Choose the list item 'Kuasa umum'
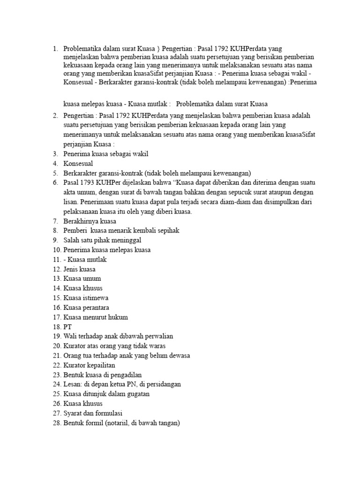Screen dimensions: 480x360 [82, 279]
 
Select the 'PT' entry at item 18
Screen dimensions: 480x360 [68, 327]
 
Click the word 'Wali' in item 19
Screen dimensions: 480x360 [70, 337]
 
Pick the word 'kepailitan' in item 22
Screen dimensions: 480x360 [100, 365]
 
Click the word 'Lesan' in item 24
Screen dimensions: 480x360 [72, 384]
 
